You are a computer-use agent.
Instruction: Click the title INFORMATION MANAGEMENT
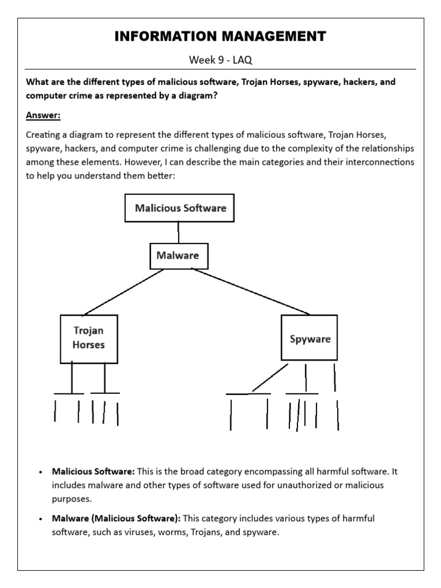click(x=220, y=37)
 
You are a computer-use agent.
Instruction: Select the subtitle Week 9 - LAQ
click(x=220, y=60)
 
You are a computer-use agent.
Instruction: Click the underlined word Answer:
click(x=43, y=115)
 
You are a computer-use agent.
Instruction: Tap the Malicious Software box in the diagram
click(x=180, y=208)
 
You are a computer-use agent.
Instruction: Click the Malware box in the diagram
click(x=179, y=256)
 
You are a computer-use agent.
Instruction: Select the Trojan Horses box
click(x=89, y=338)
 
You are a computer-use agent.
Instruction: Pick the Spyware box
click(x=310, y=339)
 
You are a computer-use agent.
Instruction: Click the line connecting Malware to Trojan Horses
click(x=123, y=292)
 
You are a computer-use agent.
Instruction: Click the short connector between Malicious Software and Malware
click(x=179, y=232)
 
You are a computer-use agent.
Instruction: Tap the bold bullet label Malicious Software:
click(x=94, y=471)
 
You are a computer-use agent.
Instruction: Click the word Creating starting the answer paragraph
click(x=43, y=135)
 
